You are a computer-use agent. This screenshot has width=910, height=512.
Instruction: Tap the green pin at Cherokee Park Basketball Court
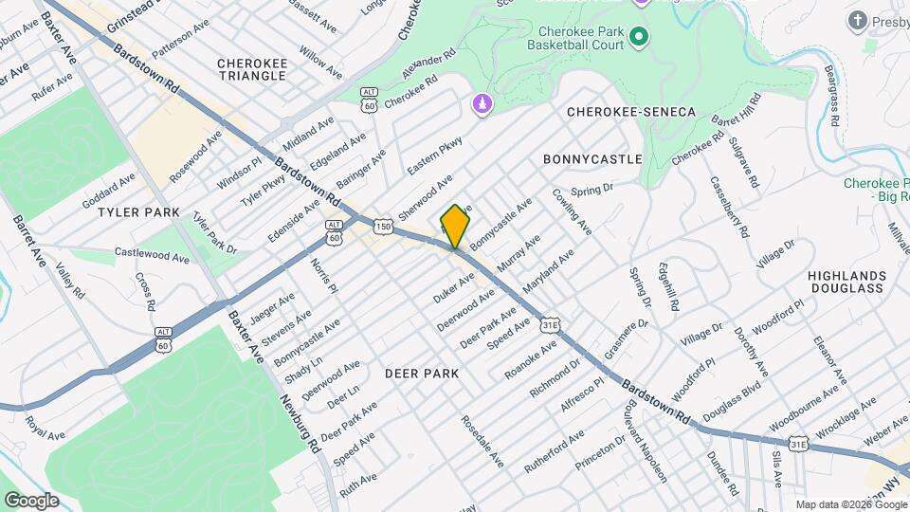[x=639, y=37]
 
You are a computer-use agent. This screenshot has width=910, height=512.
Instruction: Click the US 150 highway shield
[x=382, y=227]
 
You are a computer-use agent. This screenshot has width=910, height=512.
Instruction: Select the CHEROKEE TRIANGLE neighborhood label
[x=252, y=69]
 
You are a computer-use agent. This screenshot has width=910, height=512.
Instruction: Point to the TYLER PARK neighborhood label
[x=138, y=212]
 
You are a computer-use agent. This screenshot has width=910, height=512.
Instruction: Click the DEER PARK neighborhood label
[x=422, y=374]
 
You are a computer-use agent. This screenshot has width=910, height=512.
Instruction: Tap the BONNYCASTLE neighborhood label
[x=593, y=159]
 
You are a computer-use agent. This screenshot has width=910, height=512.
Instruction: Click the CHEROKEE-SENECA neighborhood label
[x=631, y=112]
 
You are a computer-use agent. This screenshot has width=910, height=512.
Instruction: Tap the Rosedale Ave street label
[x=480, y=443]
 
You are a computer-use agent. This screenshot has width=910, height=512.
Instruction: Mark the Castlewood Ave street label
[x=152, y=255]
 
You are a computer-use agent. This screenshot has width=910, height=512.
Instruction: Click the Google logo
[x=31, y=500]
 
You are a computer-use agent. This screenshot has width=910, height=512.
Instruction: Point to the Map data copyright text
[x=850, y=504]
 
